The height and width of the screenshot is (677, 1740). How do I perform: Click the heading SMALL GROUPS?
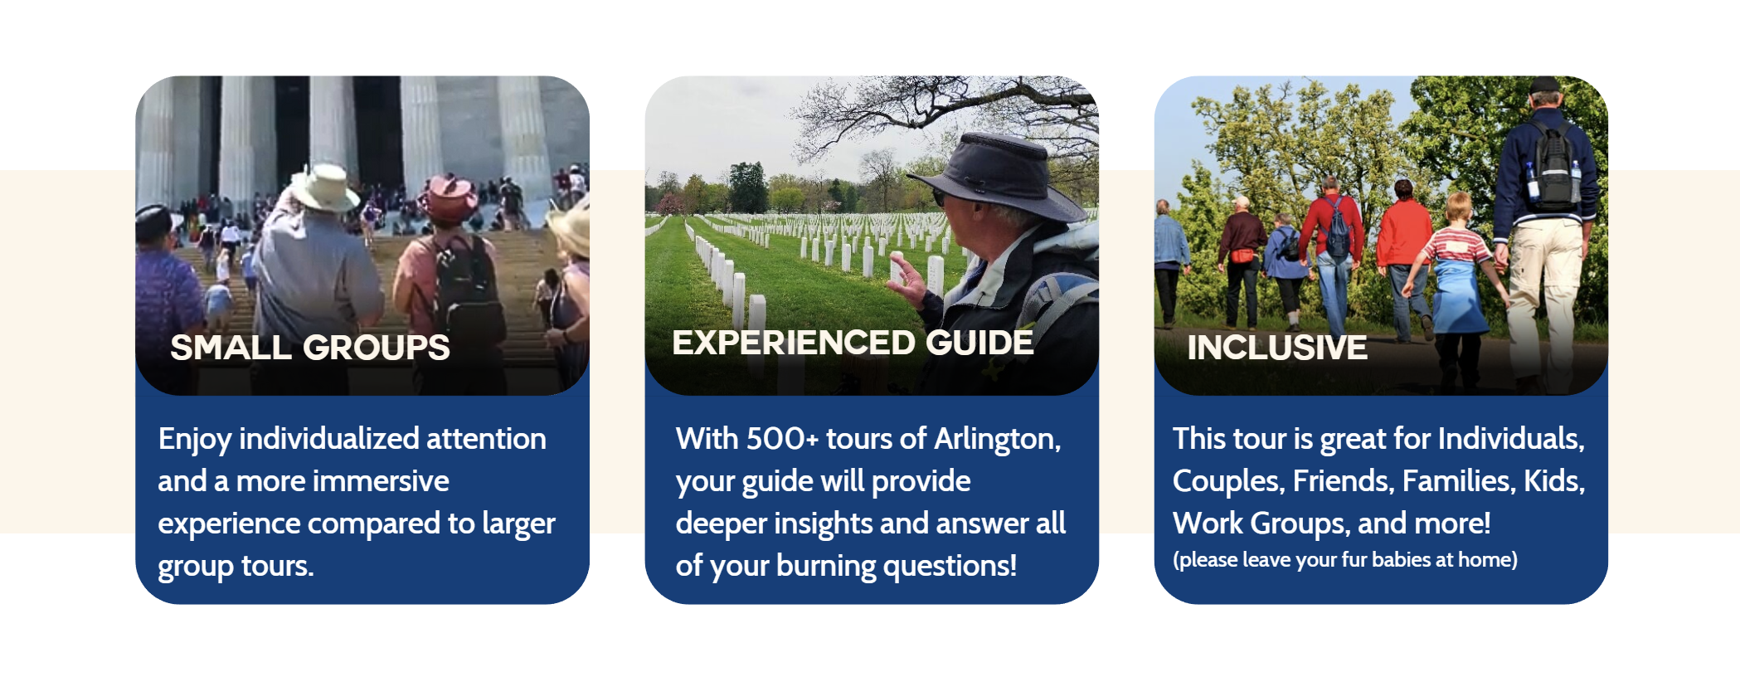click(x=310, y=348)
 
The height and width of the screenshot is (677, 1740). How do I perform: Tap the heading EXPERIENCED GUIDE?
click(x=853, y=343)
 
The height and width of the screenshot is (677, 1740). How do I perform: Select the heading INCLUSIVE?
click(x=1277, y=348)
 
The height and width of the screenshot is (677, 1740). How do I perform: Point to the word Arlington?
click(x=997, y=440)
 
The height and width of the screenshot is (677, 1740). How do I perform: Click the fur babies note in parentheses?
click(x=1345, y=560)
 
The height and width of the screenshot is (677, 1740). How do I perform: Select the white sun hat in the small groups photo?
click(x=323, y=188)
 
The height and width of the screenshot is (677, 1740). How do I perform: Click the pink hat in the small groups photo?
click(x=448, y=197)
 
